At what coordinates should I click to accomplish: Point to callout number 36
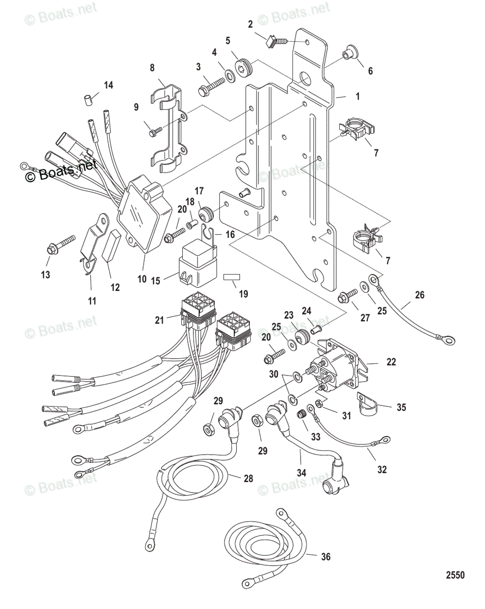coord(326,557)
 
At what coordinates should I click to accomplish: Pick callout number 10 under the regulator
coord(142,279)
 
